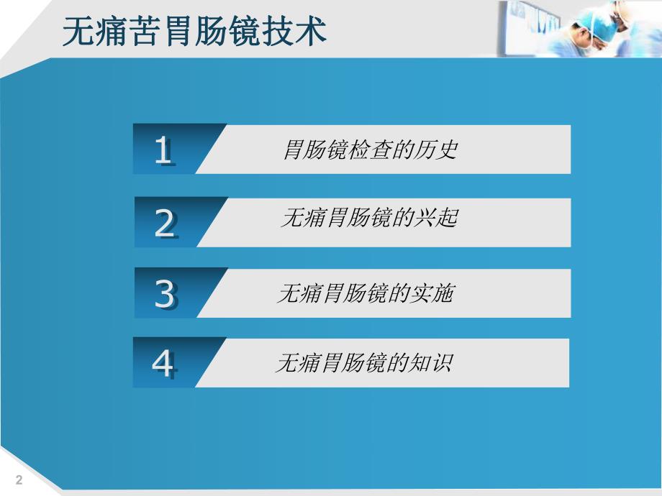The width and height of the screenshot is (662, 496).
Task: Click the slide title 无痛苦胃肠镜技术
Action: [x=195, y=32]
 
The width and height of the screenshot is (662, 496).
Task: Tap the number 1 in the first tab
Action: [x=164, y=150]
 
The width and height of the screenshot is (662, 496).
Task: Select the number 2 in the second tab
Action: [x=165, y=224]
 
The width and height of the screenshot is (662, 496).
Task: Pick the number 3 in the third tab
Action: [x=165, y=294]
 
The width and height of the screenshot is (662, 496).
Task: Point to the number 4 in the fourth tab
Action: [x=163, y=364]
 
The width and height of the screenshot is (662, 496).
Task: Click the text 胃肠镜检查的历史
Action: [x=370, y=150]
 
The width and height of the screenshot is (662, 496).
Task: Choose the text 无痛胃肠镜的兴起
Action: [x=368, y=219]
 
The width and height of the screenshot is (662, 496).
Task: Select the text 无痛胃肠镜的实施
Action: [x=366, y=293]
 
